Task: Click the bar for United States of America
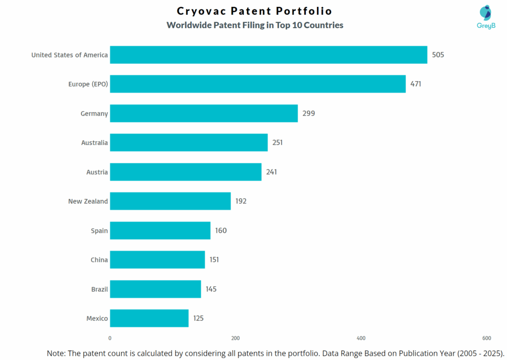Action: [x=268, y=55]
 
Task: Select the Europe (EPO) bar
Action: [x=257, y=84]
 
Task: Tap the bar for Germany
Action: [x=203, y=113]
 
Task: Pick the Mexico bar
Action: [x=149, y=318]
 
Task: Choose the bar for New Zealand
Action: [x=170, y=201]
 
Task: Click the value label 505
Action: [x=438, y=55]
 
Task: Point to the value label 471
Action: [x=416, y=84]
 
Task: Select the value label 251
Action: [x=277, y=143]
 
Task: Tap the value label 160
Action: [x=221, y=231]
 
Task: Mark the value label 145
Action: [x=211, y=289]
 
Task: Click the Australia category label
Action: [x=94, y=143]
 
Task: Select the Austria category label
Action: [x=97, y=172]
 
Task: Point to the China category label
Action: [x=99, y=260]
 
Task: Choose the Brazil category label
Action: [x=99, y=289]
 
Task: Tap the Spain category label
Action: [x=99, y=231]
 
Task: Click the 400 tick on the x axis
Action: [x=361, y=338]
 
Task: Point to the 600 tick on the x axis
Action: [x=487, y=338]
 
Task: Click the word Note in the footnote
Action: [x=56, y=353]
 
